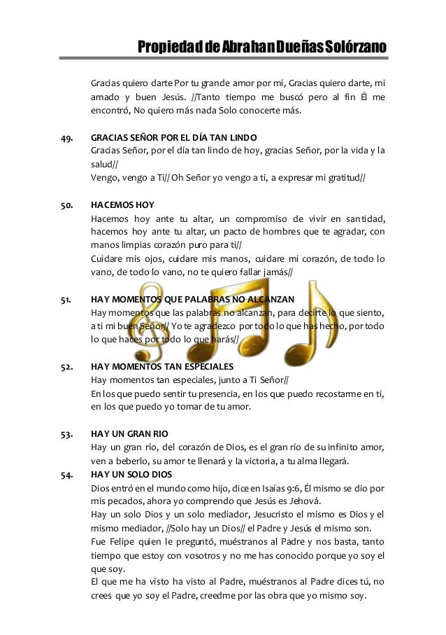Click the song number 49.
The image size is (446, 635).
pyautogui.click(x=68, y=139)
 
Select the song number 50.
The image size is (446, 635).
pyautogui.click(x=68, y=205)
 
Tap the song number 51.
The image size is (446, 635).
pyautogui.click(x=68, y=300)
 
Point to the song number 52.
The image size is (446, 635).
pyautogui.click(x=68, y=366)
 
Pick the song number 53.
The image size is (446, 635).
pyautogui.click(x=68, y=433)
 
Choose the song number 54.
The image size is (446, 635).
pyautogui.click(x=68, y=474)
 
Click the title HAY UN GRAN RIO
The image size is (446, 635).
pyautogui.click(x=129, y=433)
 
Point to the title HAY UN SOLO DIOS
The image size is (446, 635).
pyautogui.click(x=132, y=474)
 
